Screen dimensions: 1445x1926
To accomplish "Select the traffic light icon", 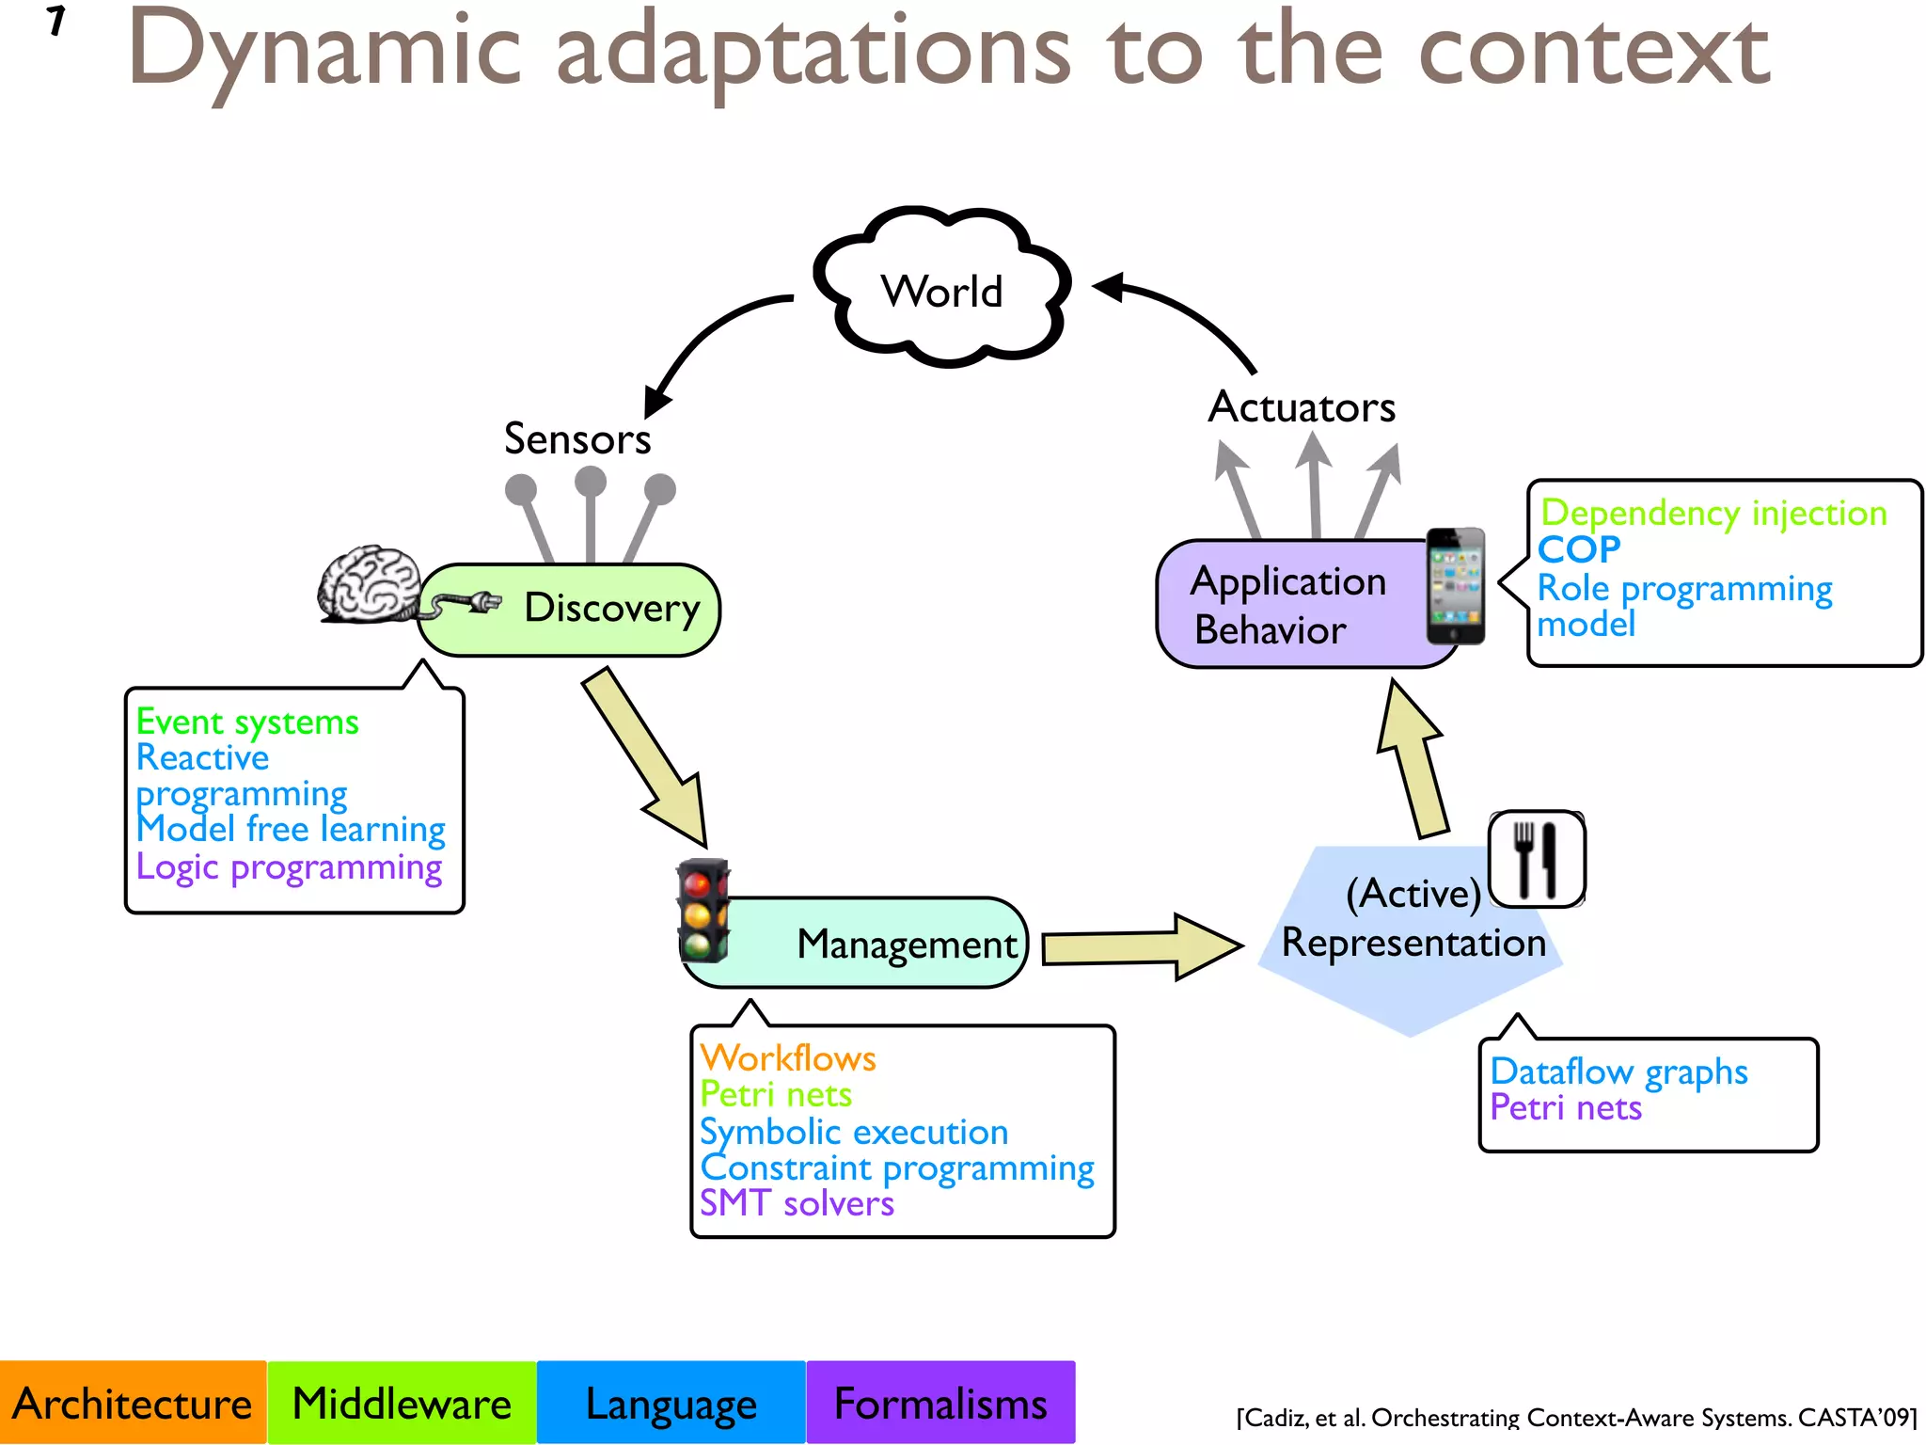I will (x=703, y=911).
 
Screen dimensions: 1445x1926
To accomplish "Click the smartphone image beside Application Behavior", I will (x=1455, y=586).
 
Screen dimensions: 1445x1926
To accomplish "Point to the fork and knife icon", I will (x=1537, y=859).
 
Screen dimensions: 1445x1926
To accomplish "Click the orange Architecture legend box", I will (x=133, y=1403).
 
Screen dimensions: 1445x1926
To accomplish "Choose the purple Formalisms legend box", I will (x=940, y=1403).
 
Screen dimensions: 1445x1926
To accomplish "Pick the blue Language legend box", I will (x=671, y=1403).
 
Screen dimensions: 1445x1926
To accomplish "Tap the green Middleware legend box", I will (x=402, y=1403).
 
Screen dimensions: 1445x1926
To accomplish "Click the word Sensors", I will (x=576, y=438).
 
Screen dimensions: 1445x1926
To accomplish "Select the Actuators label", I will (x=1302, y=406).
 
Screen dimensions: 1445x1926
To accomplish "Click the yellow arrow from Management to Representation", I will (x=1141, y=946).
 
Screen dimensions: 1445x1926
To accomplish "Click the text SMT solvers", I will (x=797, y=1203).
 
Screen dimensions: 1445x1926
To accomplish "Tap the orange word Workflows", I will (x=788, y=1058).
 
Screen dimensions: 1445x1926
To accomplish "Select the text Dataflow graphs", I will (x=1618, y=1072).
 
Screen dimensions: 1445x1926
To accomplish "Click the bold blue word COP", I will (x=1579, y=549).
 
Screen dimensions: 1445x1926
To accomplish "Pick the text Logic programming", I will (x=289, y=866).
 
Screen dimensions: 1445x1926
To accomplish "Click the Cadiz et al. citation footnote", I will (x=1576, y=1417).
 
